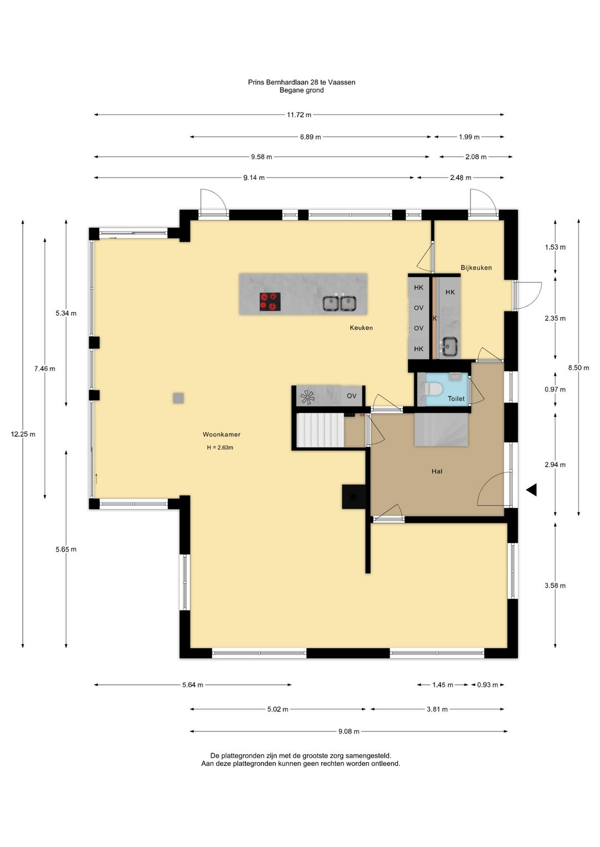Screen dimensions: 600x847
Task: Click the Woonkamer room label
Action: coord(222,435)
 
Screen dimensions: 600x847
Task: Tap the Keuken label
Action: coord(361,328)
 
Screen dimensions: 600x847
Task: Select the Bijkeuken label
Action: coord(476,268)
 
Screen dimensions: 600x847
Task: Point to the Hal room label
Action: coord(437,471)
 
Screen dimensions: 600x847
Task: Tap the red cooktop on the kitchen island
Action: coord(270,302)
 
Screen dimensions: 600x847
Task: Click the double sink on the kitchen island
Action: coord(339,303)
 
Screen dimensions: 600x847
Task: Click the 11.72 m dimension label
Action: coord(299,115)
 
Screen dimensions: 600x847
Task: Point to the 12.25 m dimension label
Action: coord(23,434)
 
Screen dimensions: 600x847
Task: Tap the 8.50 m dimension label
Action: coord(578,367)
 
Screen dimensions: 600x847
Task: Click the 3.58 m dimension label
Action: coord(555,586)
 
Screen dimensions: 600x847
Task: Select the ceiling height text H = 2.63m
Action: coord(220,448)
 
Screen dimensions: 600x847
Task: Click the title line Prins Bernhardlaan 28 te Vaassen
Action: coord(302,82)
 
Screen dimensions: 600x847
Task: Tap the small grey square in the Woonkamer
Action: coord(178,398)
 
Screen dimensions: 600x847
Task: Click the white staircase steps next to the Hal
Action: coord(320,430)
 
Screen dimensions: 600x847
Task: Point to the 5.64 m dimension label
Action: coord(193,685)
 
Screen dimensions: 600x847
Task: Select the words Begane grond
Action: coord(302,90)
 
